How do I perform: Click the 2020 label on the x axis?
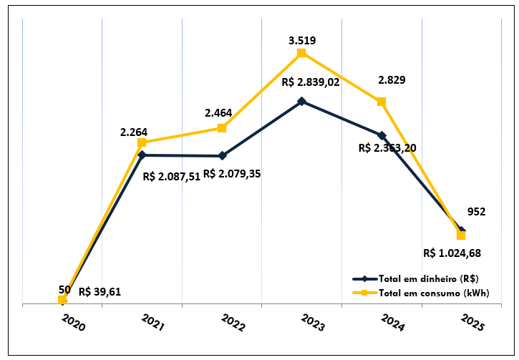click(x=73, y=323)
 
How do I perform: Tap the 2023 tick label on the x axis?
click(x=313, y=323)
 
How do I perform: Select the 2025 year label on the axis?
click(x=472, y=323)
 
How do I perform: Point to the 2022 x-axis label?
click(x=233, y=323)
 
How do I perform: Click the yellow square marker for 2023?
click(x=301, y=53)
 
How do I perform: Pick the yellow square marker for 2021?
click(x=142, y=142)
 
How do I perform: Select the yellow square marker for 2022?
click(x=222, y=128)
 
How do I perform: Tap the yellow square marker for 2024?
click(x=382, y=102)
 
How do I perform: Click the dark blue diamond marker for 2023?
click(x=301, y=101)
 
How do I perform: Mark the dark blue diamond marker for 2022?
click(x=222, y=155)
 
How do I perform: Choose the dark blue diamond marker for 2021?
click(x=142, y=155)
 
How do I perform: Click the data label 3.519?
click(x=302, y=40)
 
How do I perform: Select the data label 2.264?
click(x=134, y=131)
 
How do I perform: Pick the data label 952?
click(x=476, y=211)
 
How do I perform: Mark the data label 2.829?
click(x=392, y=80)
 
